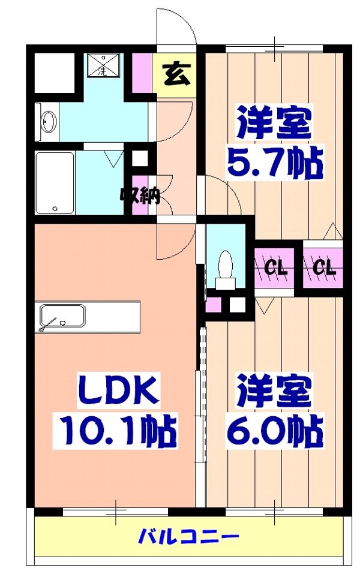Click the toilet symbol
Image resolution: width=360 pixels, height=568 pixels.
point(226,265)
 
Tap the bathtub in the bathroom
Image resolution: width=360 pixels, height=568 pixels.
point(55,182)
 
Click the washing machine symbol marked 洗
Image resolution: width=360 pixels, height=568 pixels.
point(103,65)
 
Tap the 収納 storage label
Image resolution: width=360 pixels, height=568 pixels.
point(140,195)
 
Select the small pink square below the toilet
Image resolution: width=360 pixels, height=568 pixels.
point(213,305)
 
